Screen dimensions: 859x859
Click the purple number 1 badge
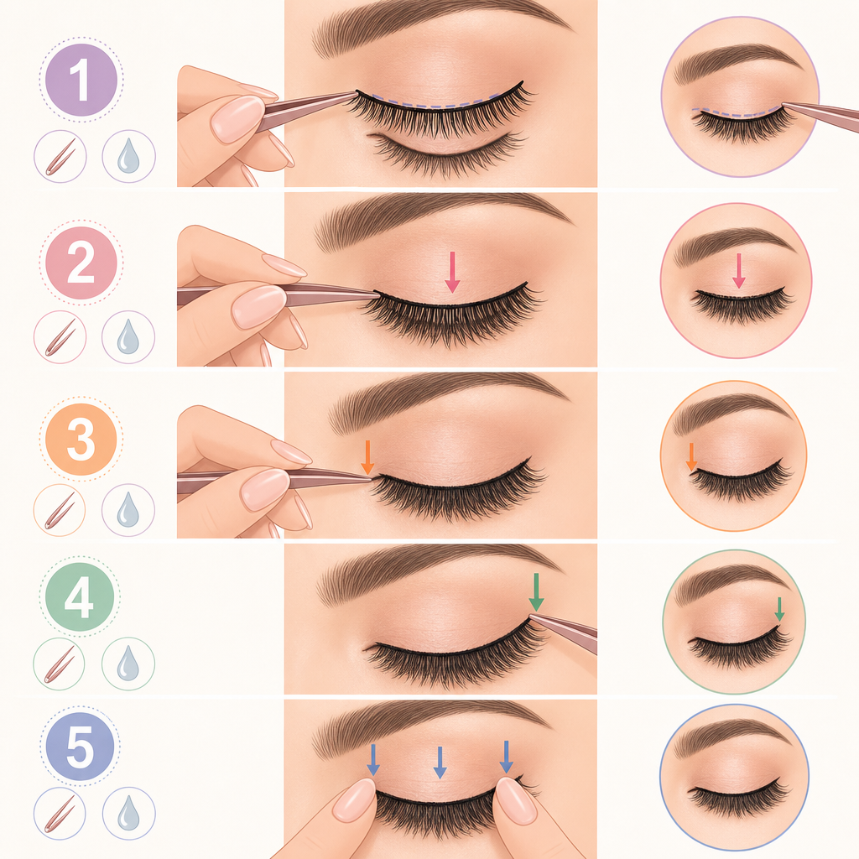pyautogui.click(x=81, y=80)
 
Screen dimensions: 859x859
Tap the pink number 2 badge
pyautogui.click(x=81, y=263)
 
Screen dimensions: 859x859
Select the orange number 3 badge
pyautogui.click(x=81, y=440)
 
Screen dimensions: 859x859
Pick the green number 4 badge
pyautogui.click(x=80, y=597)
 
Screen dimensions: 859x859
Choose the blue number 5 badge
pyautogui.click(x=80, y=746)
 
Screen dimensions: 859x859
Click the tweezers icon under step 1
pyautogui.click(x=60, y=157)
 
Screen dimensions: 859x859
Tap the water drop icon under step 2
pyautogui.click(x=128, y=337)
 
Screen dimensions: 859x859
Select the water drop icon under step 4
pyautogui.click(x=128, y=664)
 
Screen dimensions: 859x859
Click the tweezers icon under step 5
pyautogui.click(x=60, y=814)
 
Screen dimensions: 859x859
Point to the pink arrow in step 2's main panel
pyautogui.click(x=452, y=272)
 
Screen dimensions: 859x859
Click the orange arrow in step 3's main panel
pyautogui.click(x=367, y=457)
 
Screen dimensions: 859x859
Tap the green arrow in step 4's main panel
pyautogui.click(x=536, y=592)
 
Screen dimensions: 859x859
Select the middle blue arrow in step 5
pyautogui.click(x=440, y=762)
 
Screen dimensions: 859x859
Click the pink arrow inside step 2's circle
pyautogui.click(x=738, y=271)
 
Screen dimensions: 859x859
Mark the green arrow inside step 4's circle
pyautogui.click(x=779, y=609)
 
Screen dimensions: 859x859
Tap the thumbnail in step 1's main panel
pyautogui.click(x=237, y=119)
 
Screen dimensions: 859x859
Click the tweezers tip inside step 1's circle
pyautogui.click(x=783, y=103)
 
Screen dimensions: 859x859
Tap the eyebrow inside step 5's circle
pyautogui.click(x=731, y=731)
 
